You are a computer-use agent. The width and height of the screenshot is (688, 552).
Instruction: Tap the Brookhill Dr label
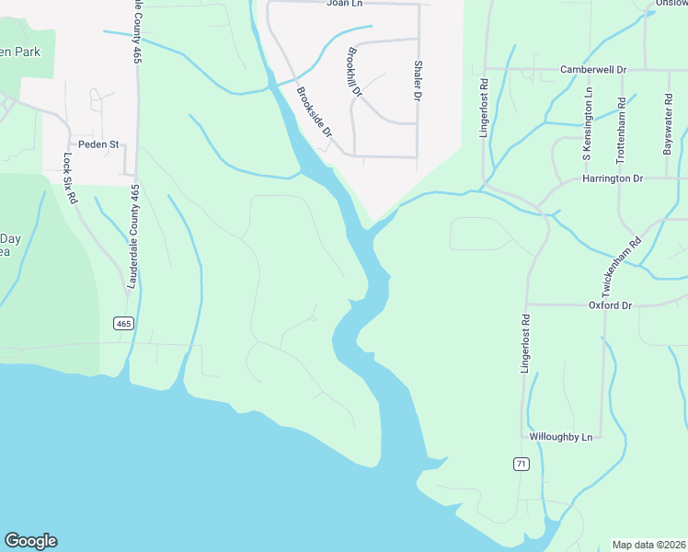pyautogui.click(x=356, y=74)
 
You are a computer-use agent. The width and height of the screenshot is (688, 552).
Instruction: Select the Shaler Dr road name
pyautogui.click(x=418, y=81)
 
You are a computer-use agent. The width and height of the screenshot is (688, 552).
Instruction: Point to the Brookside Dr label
pyautogui.click(x=314, y=112)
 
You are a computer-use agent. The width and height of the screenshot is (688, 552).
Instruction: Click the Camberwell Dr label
pyautogui.click(x=593, y=69)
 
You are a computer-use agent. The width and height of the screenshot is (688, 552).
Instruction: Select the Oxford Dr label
pyautogui.click(x=612, y=305)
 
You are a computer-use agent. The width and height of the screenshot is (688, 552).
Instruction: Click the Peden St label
pyautogui.click(x=99, y=144)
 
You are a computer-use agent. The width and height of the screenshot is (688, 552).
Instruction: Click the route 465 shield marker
pyautogui.click(x=124, y=323)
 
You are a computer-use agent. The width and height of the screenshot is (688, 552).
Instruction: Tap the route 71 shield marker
pyautogui.click(x=522, y=465)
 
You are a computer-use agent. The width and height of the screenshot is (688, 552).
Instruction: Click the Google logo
pyautogui.click(x=30, y=541)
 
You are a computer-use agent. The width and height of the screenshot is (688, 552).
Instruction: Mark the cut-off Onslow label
pyautogui.click(x=671, y=4)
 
